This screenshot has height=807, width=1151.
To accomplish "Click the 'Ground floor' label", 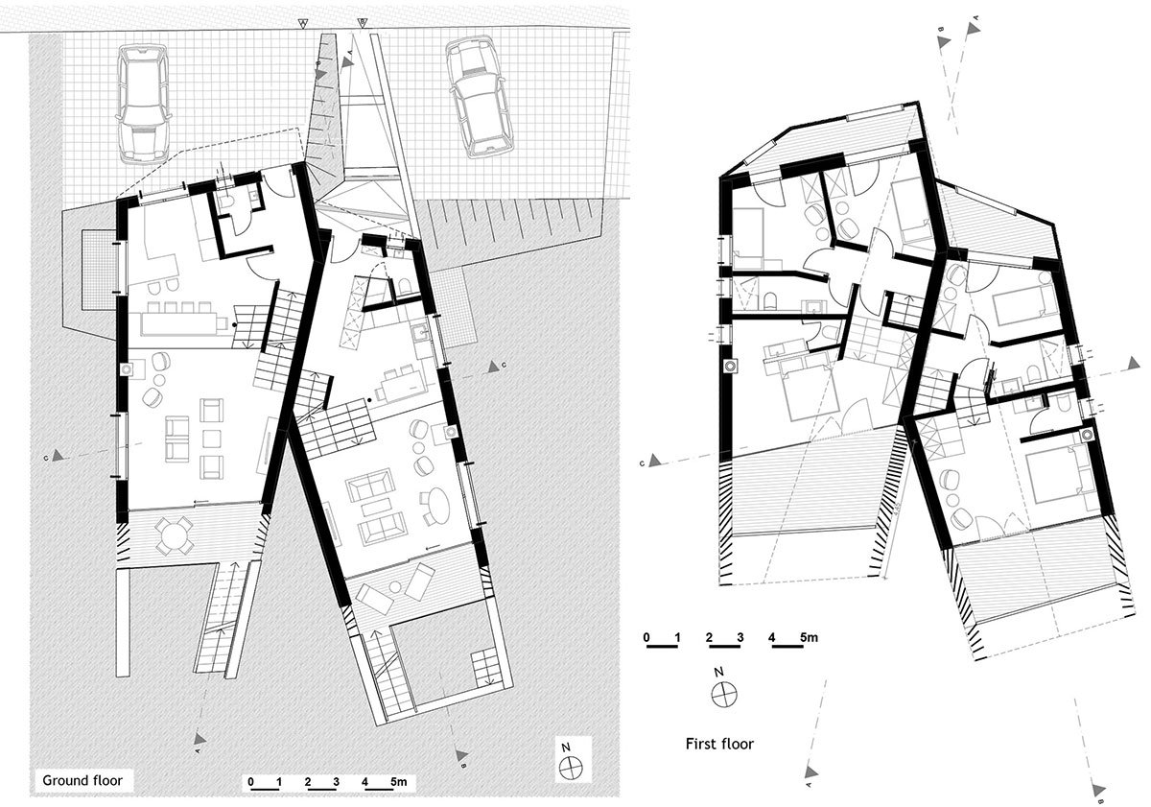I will pyautogui.click(x=81, y=779).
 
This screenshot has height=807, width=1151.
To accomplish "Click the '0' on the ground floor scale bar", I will pyautogui.click(x=250, y=783).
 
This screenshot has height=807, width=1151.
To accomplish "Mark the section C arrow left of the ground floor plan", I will pyautogui.click(x=59, y=458).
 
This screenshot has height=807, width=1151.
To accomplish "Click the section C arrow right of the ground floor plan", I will pyautogui.click(x=495, y=365).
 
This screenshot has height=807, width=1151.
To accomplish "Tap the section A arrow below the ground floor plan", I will pyautogui.click(x=200, y=738).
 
